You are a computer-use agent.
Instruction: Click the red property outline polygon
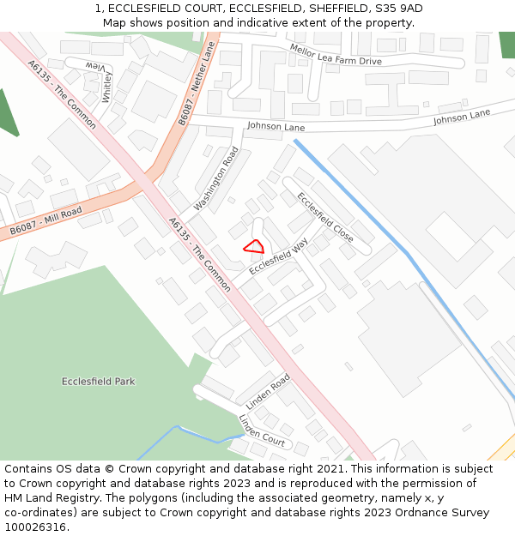pos(254,247)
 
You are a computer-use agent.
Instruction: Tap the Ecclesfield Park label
pos(98,382)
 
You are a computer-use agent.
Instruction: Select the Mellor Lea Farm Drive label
pos(336,55)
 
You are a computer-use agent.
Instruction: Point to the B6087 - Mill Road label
pos(46,221)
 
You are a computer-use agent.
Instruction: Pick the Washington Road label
pos(216,178)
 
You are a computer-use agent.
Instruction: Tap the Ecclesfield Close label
pos(325,216)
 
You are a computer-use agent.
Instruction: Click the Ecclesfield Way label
pos(279,256)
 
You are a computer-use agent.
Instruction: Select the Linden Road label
pos(269,390)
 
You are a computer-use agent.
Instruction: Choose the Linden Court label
pos(262,430)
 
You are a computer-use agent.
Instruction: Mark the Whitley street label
pos(107,87)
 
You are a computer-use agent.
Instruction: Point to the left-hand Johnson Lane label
pos(276,126)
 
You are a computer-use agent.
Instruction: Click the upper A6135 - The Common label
pos(61,93)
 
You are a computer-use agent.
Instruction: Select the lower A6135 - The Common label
pos(199,254)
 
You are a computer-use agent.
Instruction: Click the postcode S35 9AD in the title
pos(395,9)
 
